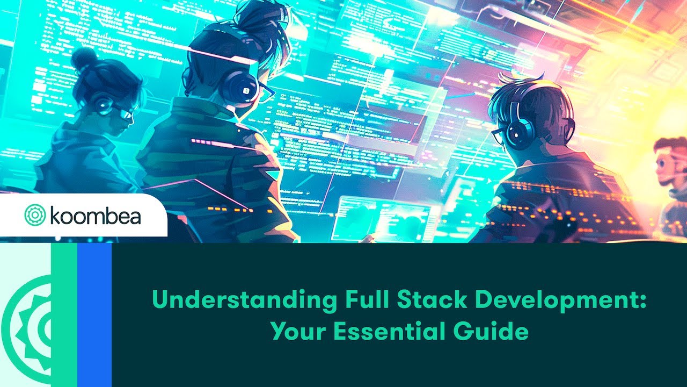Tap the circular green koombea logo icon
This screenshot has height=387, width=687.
(35, 215)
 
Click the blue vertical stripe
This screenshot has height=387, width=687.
(94, 314)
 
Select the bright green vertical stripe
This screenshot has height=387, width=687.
(64, 314)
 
